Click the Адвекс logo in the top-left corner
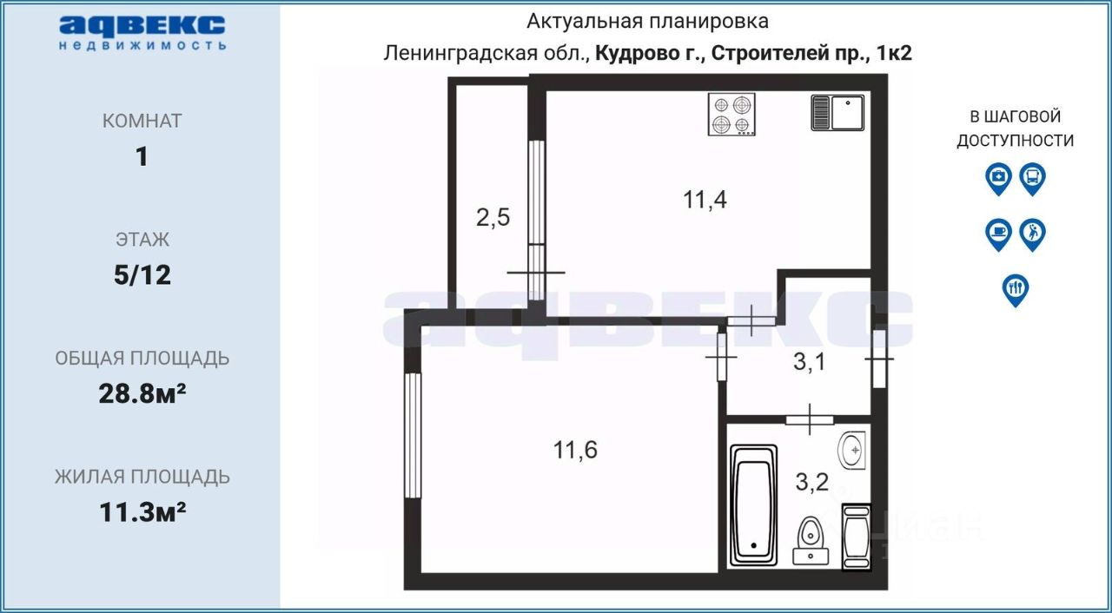[x=142, y=32]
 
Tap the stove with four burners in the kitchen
[x=731, y=115]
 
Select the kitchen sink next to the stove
[x=837, y=113]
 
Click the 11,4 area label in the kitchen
[x=705, y=201]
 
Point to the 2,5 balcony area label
[x=493, y=217]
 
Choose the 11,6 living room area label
[x=575, y=450]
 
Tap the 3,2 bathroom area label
[x=813, y=482]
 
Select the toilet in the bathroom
[x=811, y=538]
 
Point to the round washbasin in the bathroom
[x=853, y=450]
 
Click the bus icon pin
[x=1031, y=178]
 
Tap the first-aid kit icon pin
[x=999, y=178]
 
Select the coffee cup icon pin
[x=999, y=234]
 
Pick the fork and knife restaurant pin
[x=1015, y=288]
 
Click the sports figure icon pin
[x=1031, y=234]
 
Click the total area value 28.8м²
[x=142, y=394]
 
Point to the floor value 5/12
[x=142, y=275]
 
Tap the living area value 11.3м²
[x=142, y=512]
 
